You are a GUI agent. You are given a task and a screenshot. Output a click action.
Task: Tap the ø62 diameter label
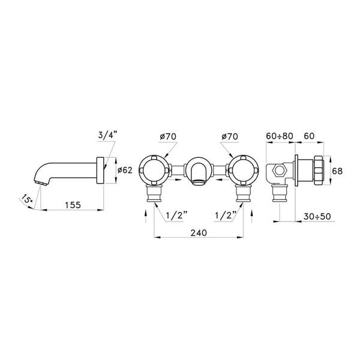pos(124,170)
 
